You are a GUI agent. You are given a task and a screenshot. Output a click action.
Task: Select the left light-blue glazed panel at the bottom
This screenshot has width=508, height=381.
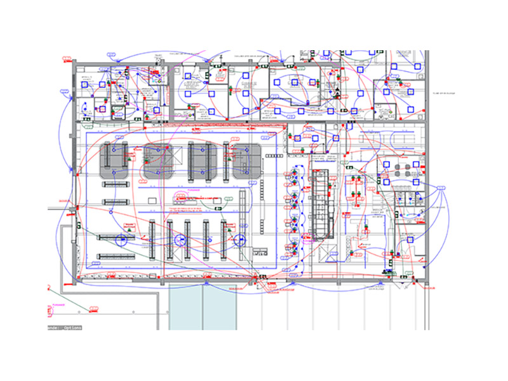tap(185, 307)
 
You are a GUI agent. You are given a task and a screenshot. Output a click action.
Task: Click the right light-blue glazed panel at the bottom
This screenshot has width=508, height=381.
tap(220, 307)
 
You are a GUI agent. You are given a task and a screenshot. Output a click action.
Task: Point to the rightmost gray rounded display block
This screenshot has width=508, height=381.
tap(246, 161)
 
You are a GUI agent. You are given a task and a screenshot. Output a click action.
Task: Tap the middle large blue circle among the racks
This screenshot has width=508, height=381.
tap(180, 240)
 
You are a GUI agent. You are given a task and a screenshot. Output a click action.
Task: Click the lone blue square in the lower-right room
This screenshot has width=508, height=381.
tap(410, 239)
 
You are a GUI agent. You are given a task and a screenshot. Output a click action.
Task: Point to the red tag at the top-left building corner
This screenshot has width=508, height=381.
tap(65, 61)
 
